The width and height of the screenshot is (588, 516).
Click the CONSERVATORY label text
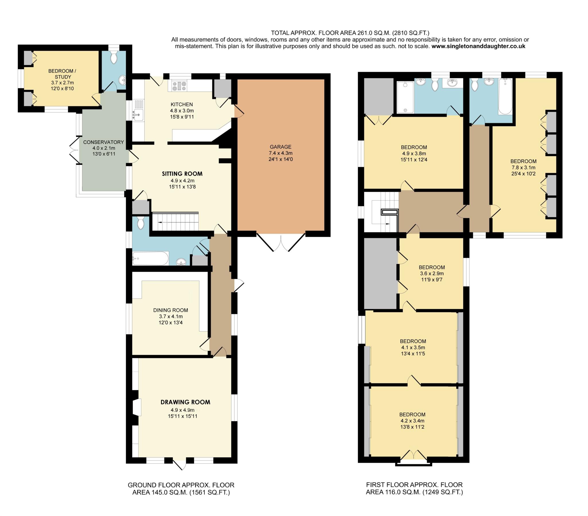click(104, 142)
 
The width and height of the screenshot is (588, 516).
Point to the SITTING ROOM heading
click(182, 173)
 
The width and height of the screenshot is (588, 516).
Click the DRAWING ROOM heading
click(185, 402)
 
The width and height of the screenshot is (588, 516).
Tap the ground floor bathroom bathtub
click(150, 258)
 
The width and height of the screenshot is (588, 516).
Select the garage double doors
click(281, 242)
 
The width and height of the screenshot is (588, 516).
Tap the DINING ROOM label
click(171, 310)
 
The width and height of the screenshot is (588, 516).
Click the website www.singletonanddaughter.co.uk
click(478, 46)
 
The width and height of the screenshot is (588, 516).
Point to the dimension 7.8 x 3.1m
click(523, 167)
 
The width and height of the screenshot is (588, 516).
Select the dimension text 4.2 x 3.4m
click(412, 421)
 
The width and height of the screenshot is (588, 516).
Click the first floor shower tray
click(405, 97)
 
